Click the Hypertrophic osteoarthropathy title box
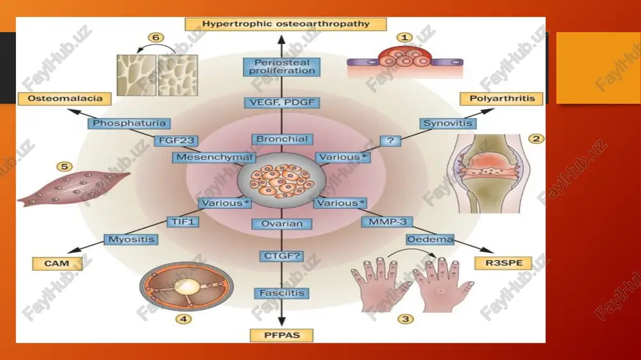286,24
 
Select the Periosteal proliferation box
281,67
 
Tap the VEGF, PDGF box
281,102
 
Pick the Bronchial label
281,140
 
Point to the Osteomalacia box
65,99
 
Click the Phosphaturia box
129,124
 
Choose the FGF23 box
176,141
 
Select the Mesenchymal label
214,158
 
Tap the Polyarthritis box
502,99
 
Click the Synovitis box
447,124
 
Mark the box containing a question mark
390,141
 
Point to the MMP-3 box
387,222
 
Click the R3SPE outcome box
504,263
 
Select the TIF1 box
183,222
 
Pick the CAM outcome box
57,263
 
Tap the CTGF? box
281,256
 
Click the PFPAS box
281,336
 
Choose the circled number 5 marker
64,167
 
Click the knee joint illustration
489,174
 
